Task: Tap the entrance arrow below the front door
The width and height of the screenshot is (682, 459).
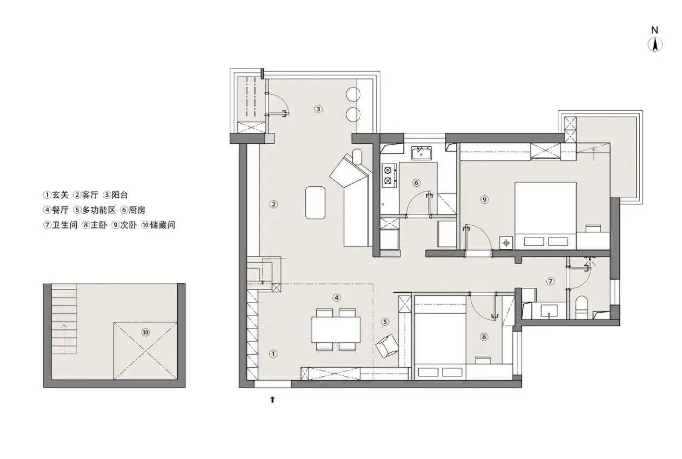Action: tap(272, 400)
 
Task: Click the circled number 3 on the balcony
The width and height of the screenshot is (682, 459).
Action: tap(318, 109)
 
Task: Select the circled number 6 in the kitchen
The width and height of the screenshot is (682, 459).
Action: tap(416, 183)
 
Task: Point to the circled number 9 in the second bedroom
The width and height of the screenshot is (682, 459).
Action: tap(484, 200)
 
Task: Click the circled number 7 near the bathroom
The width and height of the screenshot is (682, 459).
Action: tap(550, 281)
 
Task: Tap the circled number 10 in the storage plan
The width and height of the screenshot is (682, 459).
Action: tap(145, 332)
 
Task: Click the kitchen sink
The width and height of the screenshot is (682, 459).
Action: tap(422, 153)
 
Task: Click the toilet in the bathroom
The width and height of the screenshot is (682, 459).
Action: tap(581, 307)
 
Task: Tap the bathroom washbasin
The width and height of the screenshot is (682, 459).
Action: tap(549, 311)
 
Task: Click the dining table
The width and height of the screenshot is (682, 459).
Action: tap(336, 330)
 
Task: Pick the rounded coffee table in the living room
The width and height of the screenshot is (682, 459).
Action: tap(316, 202)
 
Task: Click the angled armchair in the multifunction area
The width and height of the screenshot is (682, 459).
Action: tap(387, 346)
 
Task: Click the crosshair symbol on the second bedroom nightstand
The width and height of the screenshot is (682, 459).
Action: tap(506, 243)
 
